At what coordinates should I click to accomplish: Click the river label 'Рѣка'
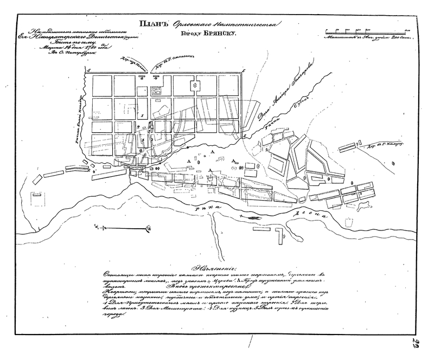coord(208,206)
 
